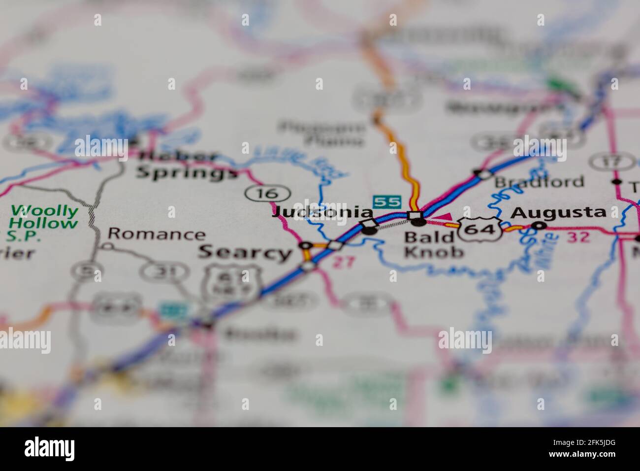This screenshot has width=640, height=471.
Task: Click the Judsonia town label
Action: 322,212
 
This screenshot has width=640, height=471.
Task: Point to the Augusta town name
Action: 558,212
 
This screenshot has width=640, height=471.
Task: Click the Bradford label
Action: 539,182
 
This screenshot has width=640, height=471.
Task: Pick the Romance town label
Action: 156,234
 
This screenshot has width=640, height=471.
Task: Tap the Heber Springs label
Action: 186,165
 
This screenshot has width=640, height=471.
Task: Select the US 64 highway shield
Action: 480,229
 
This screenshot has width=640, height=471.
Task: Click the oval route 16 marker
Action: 267,194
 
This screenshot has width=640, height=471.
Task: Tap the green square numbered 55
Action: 387,202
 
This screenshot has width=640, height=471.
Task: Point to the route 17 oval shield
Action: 605,162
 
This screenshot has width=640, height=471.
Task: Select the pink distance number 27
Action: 343,262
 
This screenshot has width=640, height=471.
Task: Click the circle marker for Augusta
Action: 541,226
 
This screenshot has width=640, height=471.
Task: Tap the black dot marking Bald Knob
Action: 418,222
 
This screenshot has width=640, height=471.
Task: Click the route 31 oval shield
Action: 164,270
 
